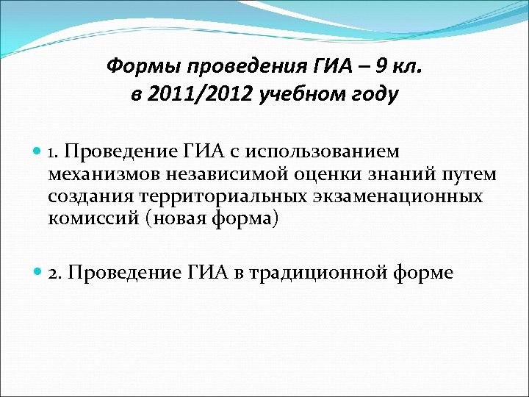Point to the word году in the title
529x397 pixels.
(372, 95)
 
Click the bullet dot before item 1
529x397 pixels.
(39, 152)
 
